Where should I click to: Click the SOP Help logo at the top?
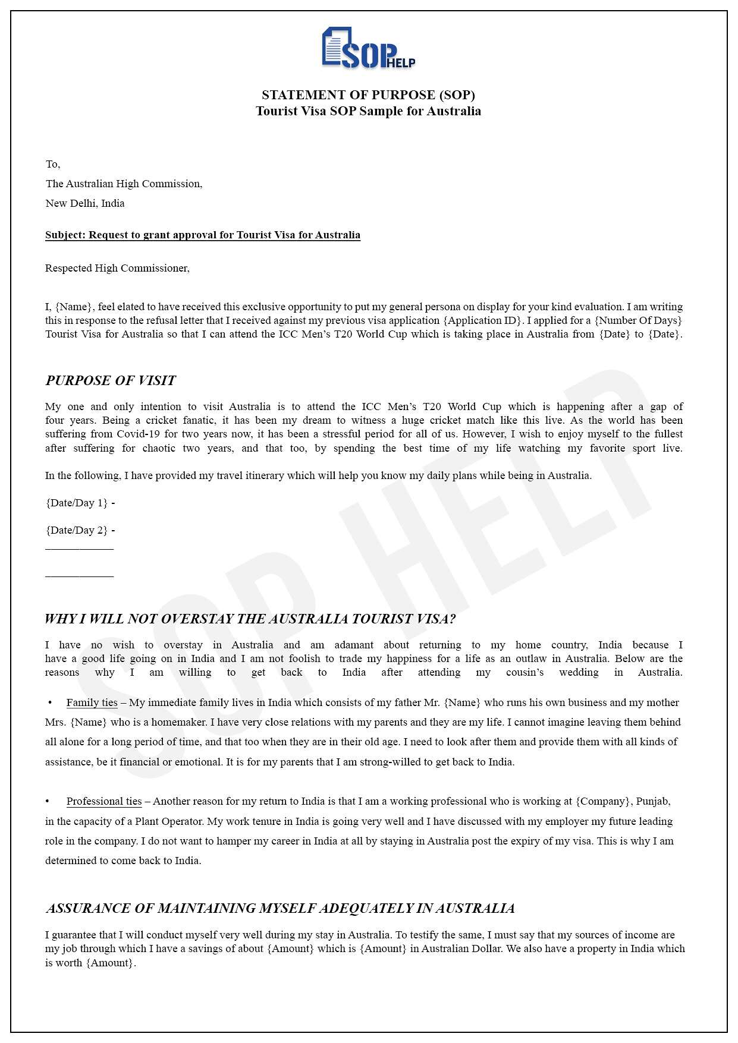point(368,48)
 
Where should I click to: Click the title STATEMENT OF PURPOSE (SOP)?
point(368,95)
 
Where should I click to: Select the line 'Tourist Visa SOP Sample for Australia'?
point(368,111)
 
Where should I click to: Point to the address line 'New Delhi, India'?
point(85,203)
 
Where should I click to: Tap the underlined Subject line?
point(203,235)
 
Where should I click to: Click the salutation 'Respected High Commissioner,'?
point(117,268)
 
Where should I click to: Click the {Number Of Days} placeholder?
point(638,320)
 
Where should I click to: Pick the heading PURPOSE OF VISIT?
point(111,380)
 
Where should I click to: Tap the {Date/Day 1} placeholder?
point(77,503)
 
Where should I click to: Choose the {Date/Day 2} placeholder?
point(77,530)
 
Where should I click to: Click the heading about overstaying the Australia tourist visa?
point(250,619)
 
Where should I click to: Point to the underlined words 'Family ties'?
point(92,702)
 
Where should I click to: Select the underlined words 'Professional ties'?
point(104,801)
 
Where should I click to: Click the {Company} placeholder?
point(603,801)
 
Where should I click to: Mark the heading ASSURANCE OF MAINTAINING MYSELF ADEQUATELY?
point(280,908)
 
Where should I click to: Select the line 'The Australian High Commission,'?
point(124,184)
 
